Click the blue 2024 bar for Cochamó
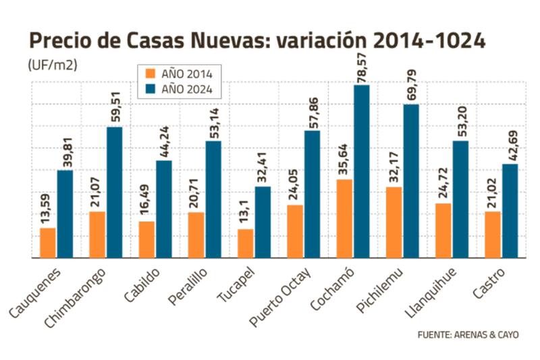click(x=362, y=172)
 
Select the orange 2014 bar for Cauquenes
click(x=48, y=243)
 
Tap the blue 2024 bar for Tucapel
click(x=263, y=222)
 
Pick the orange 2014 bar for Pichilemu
click(x=395, y=223)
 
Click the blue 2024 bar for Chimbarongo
click(x=114, y=192)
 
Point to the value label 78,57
click(x=362, y=63)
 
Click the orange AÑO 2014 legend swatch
click(x=151, y=73)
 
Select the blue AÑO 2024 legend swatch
click(x=151, y=88)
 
